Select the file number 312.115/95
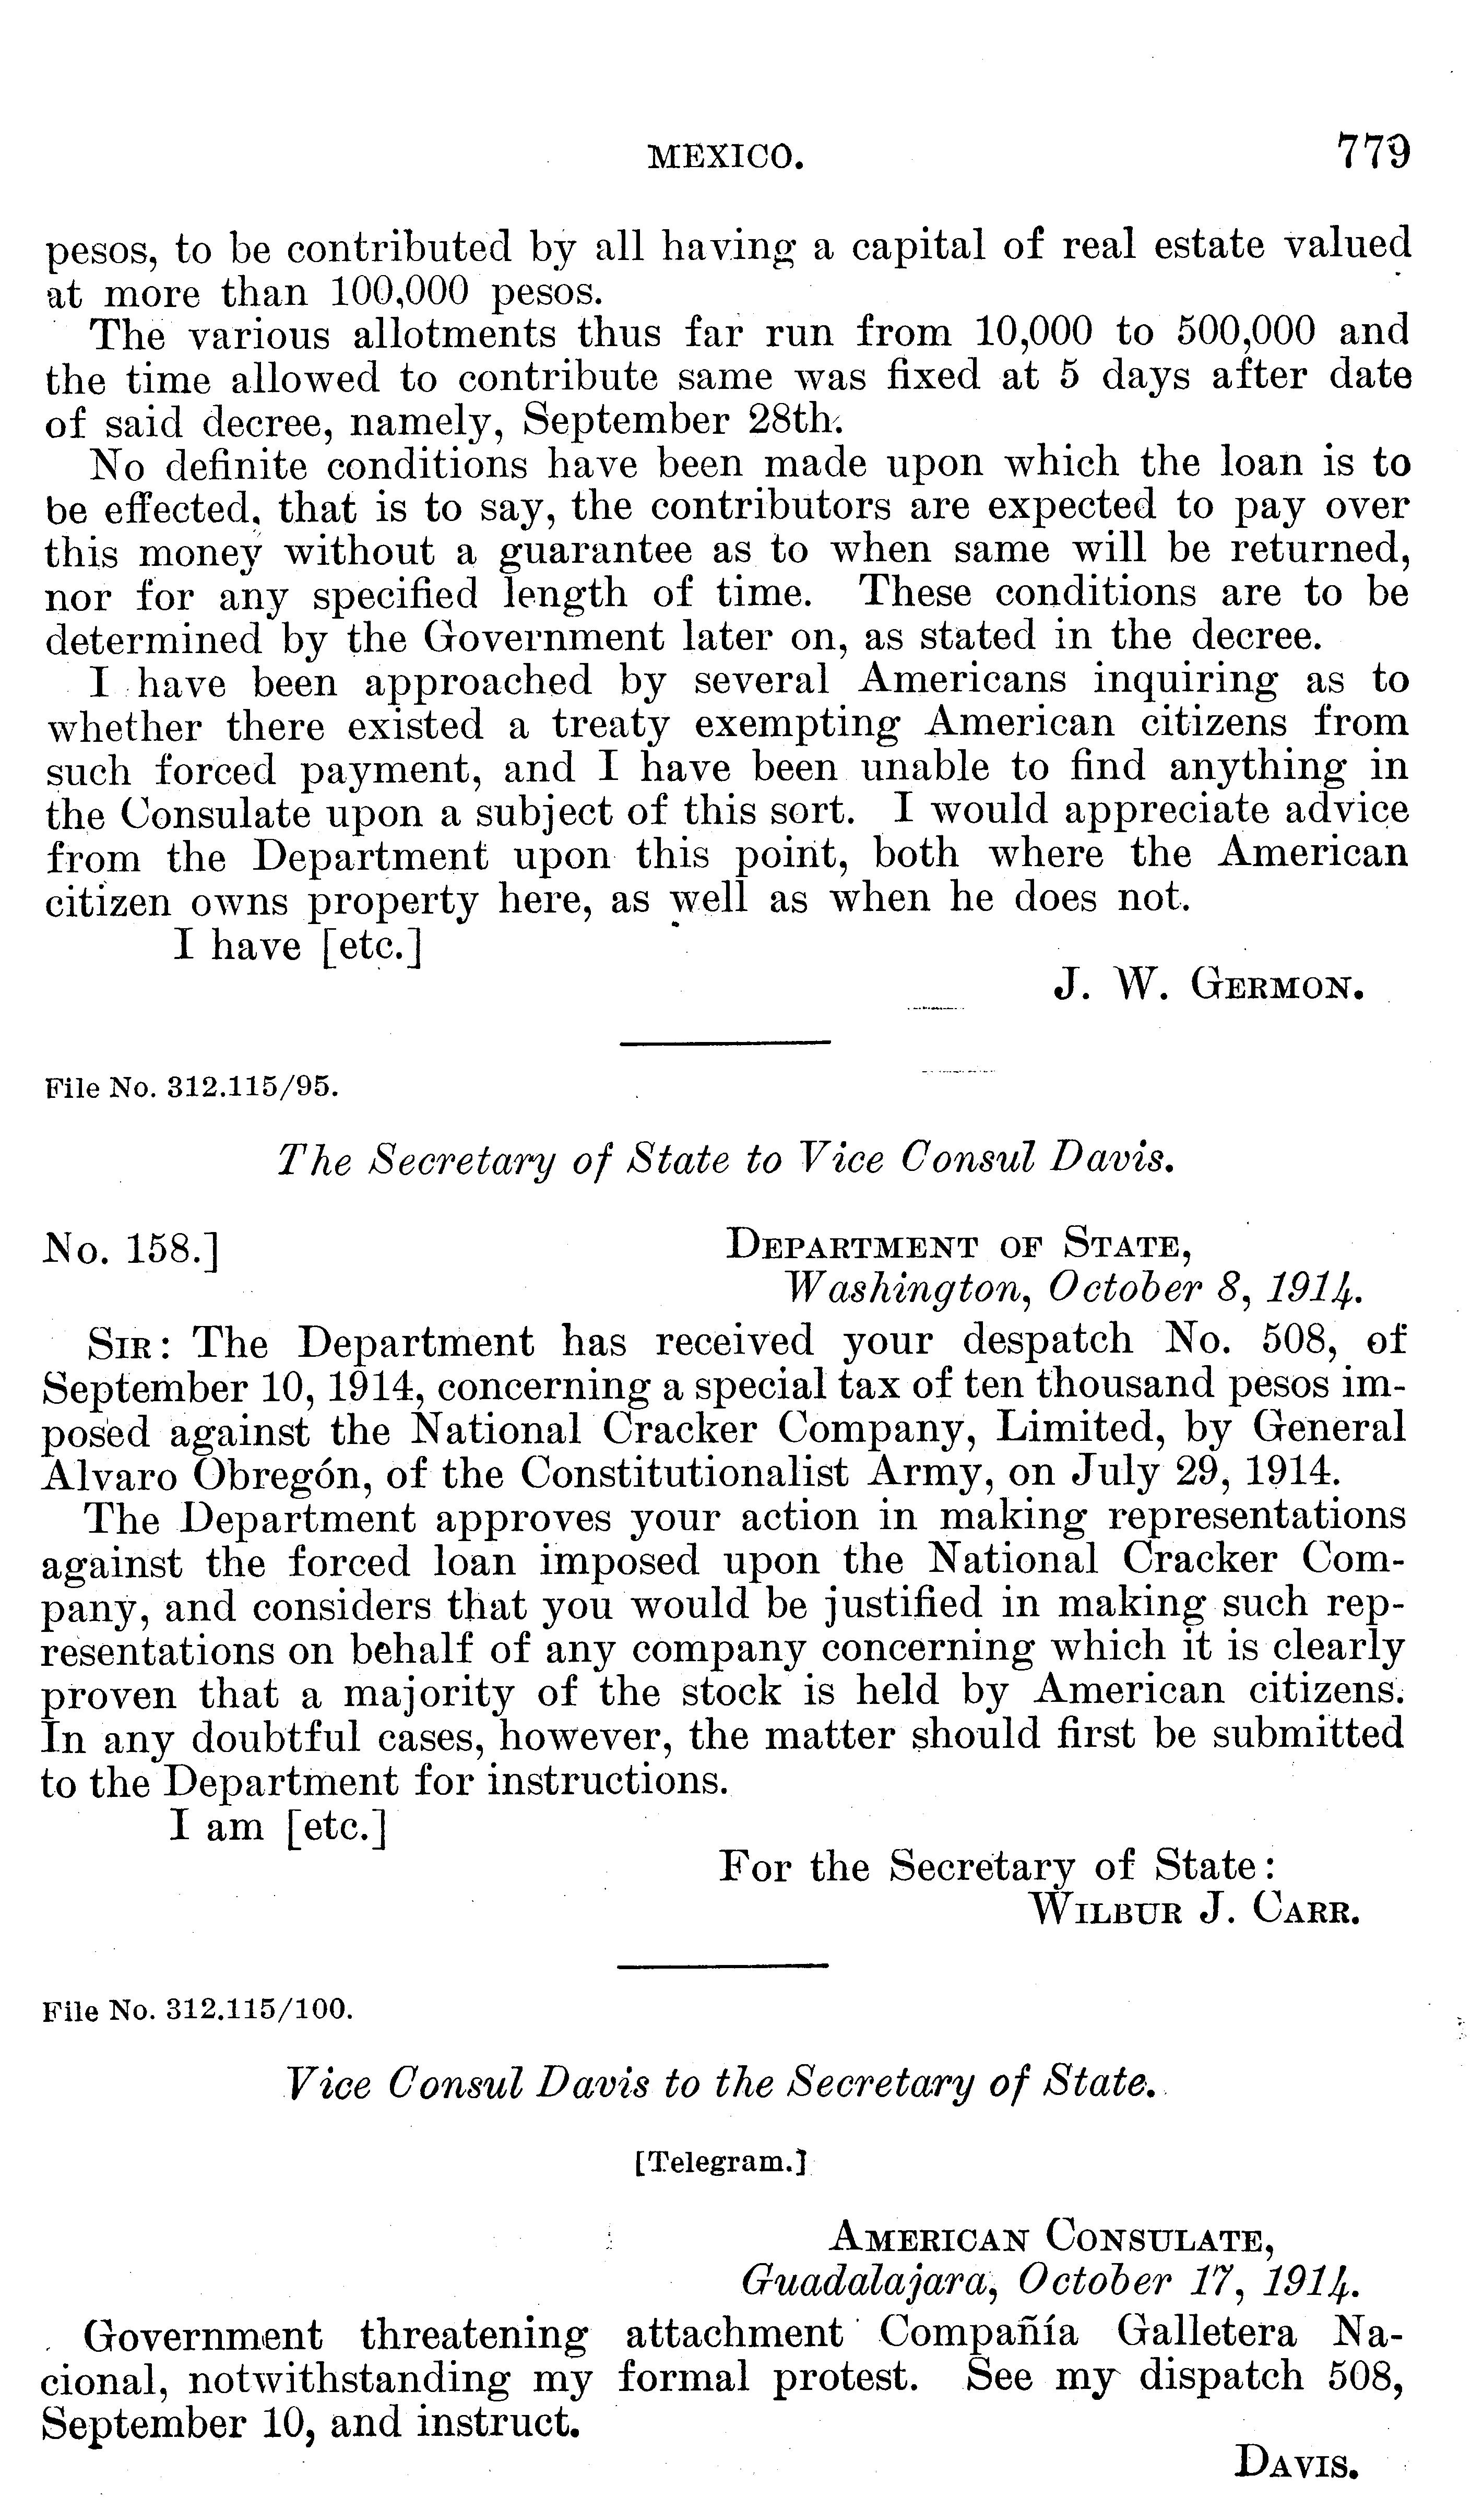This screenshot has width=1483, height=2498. click(x=193, y=1087)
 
